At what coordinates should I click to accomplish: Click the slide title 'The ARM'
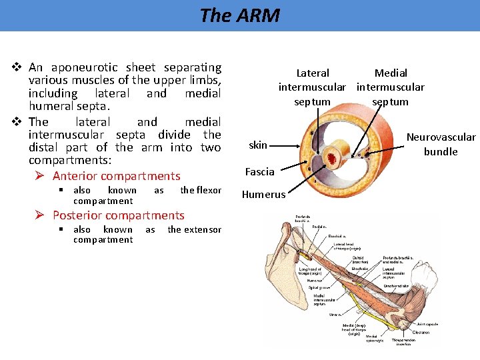239,15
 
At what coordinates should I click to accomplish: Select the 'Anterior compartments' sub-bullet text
116,176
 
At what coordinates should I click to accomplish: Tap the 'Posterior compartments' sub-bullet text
118,215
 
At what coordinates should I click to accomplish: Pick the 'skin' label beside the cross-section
258,145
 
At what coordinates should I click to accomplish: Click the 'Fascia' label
259,172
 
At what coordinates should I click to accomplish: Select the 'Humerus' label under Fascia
263,195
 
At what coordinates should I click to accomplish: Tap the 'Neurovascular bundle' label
441,145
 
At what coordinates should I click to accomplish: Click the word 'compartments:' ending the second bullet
71,161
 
